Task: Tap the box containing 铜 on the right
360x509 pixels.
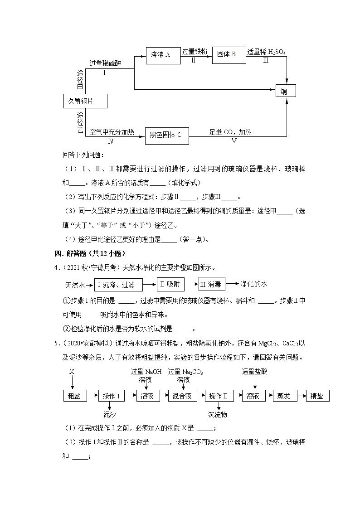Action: (286, 91)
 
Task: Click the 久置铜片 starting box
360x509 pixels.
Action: (85, 101)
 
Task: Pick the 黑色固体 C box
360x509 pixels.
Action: (166, 135)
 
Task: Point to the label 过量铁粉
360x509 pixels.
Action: (195, 52)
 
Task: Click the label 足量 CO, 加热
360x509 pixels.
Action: (230, 132)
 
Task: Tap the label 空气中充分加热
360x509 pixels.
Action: (112, 132)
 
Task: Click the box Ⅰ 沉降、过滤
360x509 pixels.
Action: (117, 285)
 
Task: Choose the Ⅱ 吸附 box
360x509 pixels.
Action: (171, 284)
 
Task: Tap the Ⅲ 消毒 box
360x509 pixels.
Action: (211, 284)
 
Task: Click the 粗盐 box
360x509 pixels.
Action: (74, 396)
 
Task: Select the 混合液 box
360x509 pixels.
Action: (182, 396)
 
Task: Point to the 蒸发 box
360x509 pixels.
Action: (283, 396)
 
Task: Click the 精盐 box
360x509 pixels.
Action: (317, 396)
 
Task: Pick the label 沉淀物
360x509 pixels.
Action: (218, 414)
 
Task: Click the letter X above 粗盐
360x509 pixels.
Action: (72, 372)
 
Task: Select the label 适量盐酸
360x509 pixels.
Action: (255, 371)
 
